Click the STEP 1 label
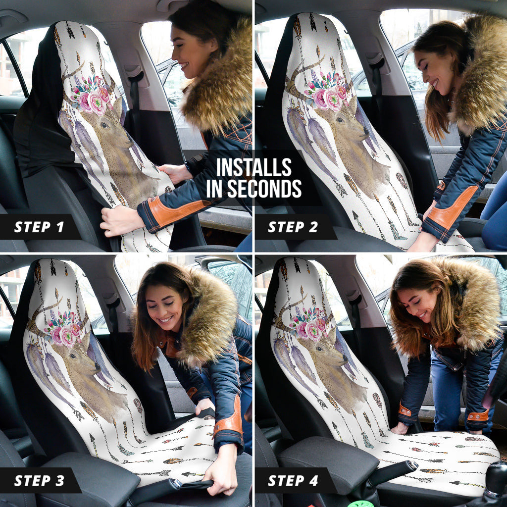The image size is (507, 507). [x=39, y=227]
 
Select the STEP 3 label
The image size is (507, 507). [x=39, y=480]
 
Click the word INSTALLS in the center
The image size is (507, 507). [x=253, y=168]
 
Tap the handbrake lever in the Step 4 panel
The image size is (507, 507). [x=391, y=470]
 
